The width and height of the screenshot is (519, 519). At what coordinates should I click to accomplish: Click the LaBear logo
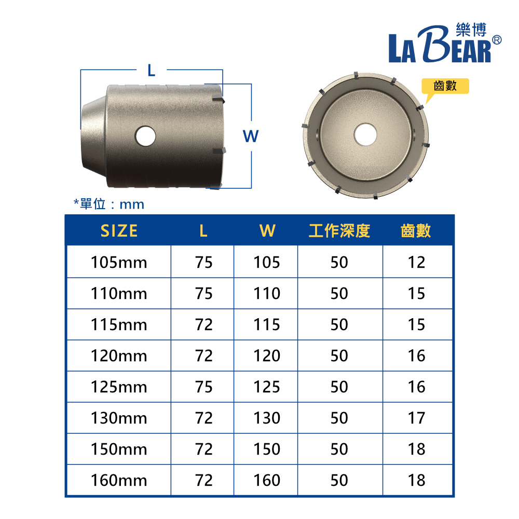[445, 43]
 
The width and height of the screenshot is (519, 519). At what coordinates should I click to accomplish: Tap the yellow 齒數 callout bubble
[445, 86]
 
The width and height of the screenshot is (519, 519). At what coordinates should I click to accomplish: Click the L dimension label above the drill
[151, 71]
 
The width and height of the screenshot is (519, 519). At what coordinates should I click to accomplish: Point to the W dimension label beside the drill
[251, 136]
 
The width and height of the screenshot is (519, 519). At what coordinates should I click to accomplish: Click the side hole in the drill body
[145, 135]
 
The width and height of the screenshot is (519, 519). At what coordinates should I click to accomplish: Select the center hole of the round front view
[365, 134]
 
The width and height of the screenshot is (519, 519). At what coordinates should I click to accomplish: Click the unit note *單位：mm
[109, 204]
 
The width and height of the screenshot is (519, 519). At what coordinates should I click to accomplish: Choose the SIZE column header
[119, 231]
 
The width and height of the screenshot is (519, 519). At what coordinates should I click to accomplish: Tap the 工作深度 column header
[339, 231]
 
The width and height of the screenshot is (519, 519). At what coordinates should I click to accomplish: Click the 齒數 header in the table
[416, 231]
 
